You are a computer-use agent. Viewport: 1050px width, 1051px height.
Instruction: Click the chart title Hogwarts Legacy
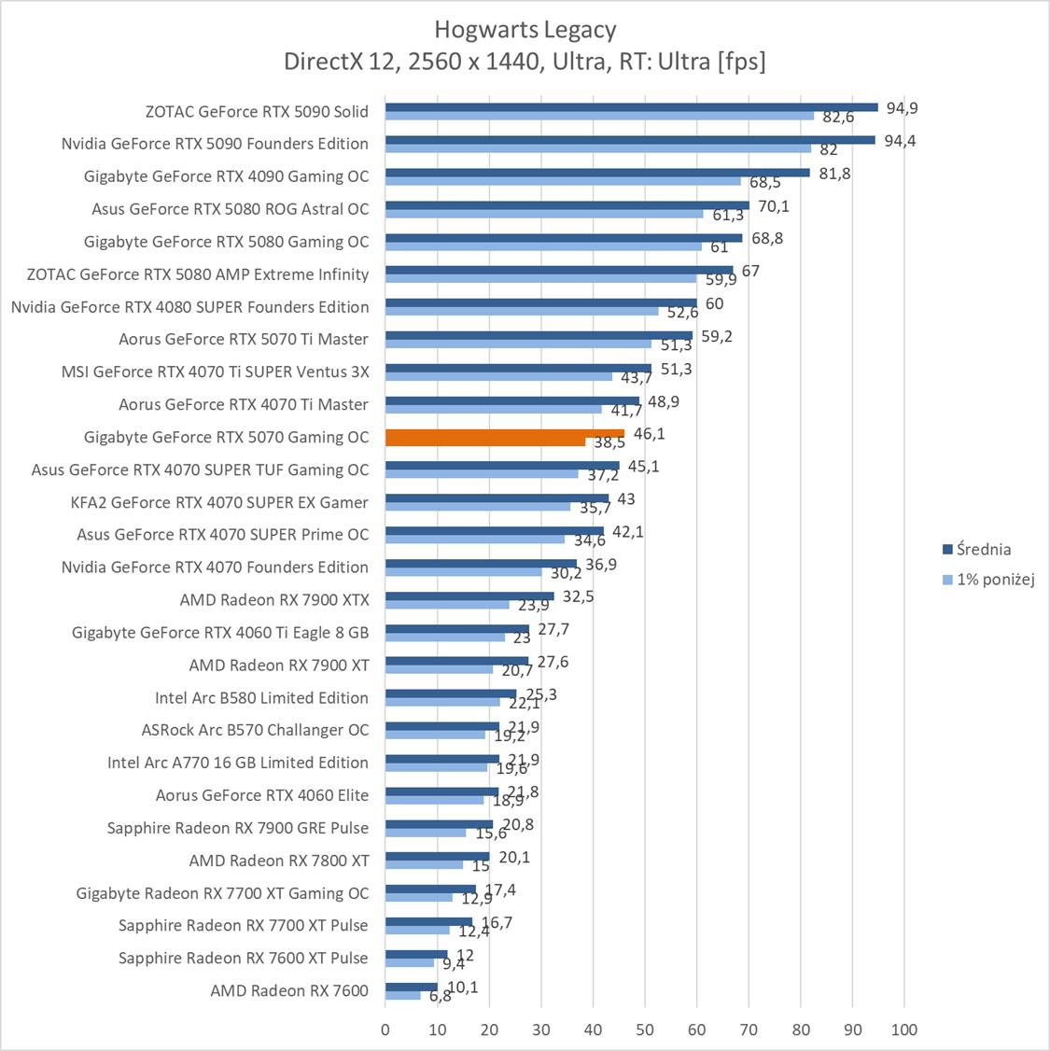pyautogui.click(x=525, y=30)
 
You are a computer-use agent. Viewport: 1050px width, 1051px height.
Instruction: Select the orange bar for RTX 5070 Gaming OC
pyautogui.click(x=504, y=434)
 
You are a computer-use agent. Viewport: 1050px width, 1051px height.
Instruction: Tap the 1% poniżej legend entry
pyautogui.click(x=988, y=580)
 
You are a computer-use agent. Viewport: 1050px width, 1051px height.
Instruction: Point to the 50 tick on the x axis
pyautogui.click(x=645, y=1030)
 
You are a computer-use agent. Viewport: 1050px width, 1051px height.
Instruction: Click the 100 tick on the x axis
pyautogui.click(x=904, y=1030)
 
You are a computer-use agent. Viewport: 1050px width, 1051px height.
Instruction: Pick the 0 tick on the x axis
pyautogui.click(x=385, y=1030)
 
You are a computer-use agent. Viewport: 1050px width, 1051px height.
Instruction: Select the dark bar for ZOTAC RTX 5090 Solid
pyautogui.click(x=631, y=107)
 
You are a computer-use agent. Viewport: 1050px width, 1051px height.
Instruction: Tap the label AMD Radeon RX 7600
pyautogui.click(x=289, y=990)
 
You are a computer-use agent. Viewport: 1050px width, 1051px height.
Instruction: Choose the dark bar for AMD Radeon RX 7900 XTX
pyautogui.click(x=469, y=596)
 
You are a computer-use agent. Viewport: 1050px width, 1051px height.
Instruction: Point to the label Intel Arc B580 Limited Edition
pyautogui.click(x=261, y=697)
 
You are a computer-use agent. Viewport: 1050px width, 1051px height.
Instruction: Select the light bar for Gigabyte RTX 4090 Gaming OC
pyautogui.click(x=563, y=181)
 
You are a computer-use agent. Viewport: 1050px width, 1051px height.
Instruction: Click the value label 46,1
pyautogui.click(x=650, y=434)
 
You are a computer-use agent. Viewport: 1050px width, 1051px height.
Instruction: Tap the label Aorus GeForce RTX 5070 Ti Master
pyautogui.click(x=244, y=339)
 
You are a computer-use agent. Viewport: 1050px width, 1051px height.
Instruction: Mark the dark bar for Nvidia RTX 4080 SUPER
pyautogui.click(x=540, y=302)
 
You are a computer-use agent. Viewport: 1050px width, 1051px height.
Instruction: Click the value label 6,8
pyautogui.click(x=441, y=996)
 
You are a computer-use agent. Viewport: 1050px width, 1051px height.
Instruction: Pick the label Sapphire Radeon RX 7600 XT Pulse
pyautogui.click(x=244, y=958)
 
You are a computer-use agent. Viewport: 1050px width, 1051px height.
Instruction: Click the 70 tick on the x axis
pyautogui.click(x=749, y=1030)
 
